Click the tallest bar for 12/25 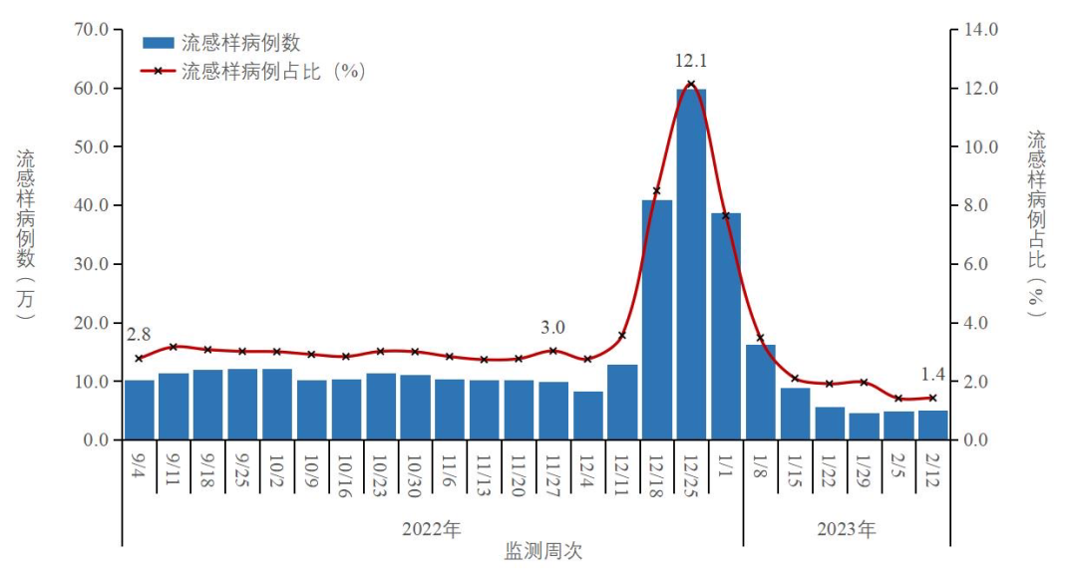691,264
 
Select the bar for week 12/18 657,319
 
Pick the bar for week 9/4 140,410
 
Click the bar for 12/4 588,416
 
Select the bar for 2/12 933,426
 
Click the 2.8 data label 139,333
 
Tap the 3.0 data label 552,327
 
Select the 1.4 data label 933,375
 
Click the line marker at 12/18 657,190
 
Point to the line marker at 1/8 760,338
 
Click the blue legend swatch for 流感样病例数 158,43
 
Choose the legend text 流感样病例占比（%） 274,72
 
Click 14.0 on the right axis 980,29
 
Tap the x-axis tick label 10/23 380,476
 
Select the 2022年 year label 432,528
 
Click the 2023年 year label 847,528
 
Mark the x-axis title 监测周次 542,551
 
